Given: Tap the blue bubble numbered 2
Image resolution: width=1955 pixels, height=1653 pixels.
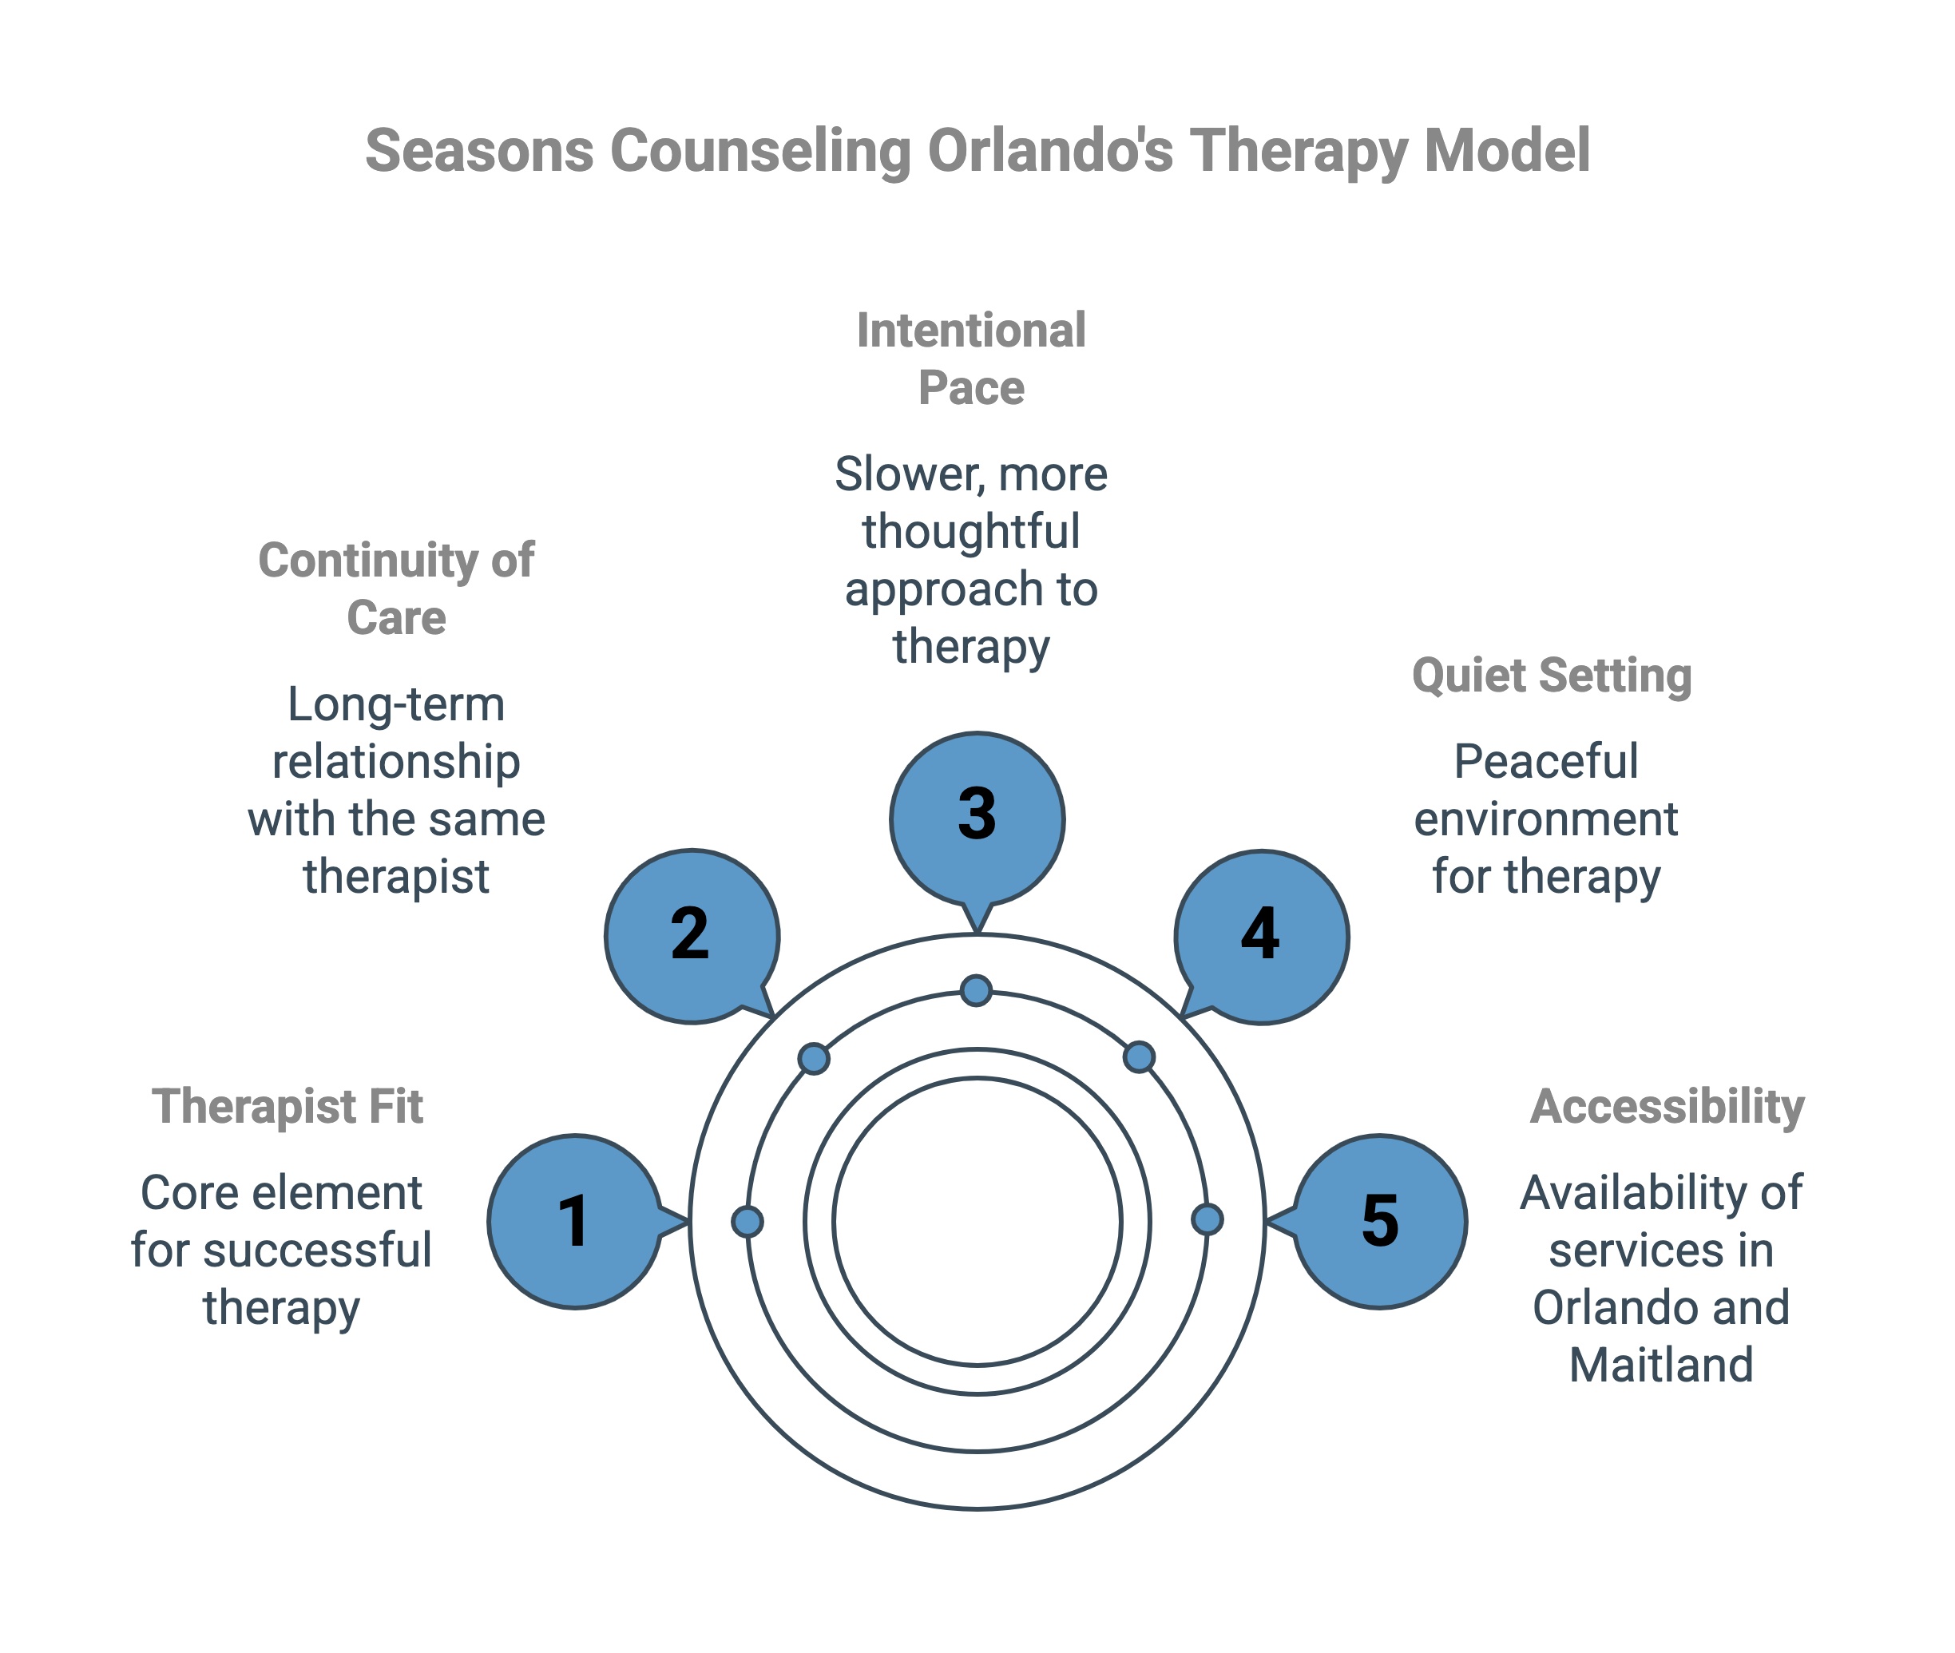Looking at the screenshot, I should point(692,935).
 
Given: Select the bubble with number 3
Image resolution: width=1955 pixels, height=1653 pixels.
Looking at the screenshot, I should point(977,818).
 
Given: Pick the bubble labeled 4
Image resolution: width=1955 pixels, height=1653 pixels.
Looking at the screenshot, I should point(1262,935).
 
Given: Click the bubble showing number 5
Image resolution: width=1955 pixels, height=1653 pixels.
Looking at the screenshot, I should point(1379,1221).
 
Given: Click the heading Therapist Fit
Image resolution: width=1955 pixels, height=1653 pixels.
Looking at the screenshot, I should point(287,1106).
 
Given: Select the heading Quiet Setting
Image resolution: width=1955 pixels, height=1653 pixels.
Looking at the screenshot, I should point(1551,675).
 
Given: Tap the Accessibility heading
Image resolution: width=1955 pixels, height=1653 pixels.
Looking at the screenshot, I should point(1667,1106).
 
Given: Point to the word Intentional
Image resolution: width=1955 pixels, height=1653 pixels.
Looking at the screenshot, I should point(971,330).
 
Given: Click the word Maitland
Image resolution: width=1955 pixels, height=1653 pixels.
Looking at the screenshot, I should point(1661,1365).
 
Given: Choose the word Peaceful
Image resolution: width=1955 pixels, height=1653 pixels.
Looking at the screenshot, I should point(1545,761).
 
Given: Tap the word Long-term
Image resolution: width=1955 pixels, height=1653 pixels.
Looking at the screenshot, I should point(395,704).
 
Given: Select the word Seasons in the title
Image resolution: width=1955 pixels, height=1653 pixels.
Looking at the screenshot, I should point(478,150).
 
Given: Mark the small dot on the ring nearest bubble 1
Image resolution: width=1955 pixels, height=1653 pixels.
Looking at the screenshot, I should point(747,1221).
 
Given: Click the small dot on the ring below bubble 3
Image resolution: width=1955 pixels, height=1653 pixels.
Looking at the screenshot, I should point(977,989).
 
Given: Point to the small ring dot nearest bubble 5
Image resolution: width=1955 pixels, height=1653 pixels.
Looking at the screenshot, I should point(1207,1219).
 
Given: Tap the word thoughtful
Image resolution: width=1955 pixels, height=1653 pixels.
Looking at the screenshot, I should point(971,531).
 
